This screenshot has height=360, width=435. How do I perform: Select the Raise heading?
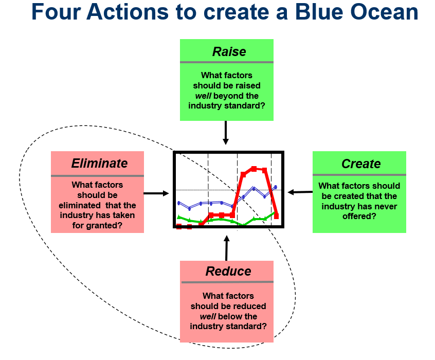point(229,52)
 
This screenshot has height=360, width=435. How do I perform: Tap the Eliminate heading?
point(99,164)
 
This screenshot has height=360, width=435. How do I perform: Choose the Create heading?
point(361,164)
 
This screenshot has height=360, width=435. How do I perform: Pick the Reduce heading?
point(228,272)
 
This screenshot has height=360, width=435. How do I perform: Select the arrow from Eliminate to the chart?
point(156,193)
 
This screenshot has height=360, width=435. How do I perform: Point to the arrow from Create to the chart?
point(300,192)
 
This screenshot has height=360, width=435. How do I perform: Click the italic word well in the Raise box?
point(203,96)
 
